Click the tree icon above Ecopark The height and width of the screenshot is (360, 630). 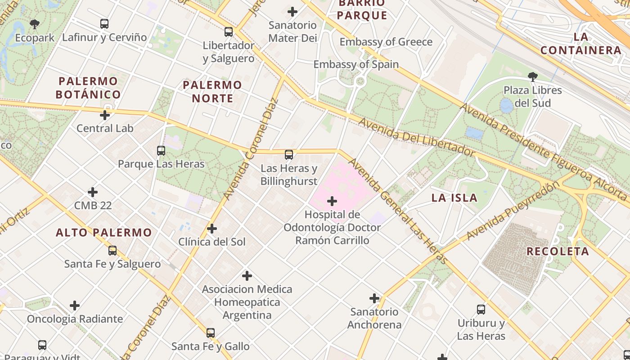pyautogui.click(x=35, y=24)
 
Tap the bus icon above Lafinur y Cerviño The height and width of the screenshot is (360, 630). pyautogui.click(x=104, y=23)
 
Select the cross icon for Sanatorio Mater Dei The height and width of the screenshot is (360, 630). pyautogui.click(x=293, y=12)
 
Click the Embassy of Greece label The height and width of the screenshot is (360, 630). pyautogui.click(x=386, y=42)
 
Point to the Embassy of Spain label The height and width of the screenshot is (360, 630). pyautogui.click(x=356, y=64)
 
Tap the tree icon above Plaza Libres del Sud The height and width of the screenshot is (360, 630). pyautogui.click(x=533, y=76)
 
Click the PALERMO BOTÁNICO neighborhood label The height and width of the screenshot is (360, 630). pyautogui.click(x=88, y=88)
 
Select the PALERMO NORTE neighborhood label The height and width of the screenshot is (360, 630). pyautogui.click(x=212, y=91)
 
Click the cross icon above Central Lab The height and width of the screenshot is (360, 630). pyautogui.click(x=105, y=115)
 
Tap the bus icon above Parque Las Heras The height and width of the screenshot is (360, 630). pyautogui.click(x=161, y=151)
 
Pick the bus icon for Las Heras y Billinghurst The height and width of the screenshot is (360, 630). pyautogui.click(x=289, y=155)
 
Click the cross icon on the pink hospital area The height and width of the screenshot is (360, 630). pyautogui.click(x=332, y=201)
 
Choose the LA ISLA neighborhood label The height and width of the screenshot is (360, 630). pyautogui.click(x=454, y=198)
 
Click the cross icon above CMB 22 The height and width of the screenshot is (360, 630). pyautogui.click(x=93, y=192)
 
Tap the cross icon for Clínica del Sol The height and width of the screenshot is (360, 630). pyautogui.click(x=212, y=229)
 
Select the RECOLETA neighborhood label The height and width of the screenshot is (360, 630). pyautogui.click(x=558, y=251)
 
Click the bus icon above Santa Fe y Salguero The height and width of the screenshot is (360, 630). pyautogui.click(x=112, y=251)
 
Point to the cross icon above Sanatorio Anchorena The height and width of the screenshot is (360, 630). pyautogui.click(x=374, y=298)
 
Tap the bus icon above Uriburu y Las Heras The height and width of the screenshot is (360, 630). pyautogui.click(x=481, y=310)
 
